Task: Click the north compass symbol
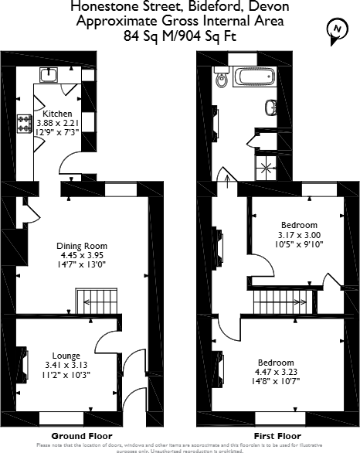pos(336,29)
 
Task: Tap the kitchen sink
pos(50,74)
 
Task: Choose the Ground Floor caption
pos(66,436)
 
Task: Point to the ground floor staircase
pos(93,300)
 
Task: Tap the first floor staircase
pos(279,300)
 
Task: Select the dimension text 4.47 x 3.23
pos(276,372)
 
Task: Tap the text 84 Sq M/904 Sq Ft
pos(180,35)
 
